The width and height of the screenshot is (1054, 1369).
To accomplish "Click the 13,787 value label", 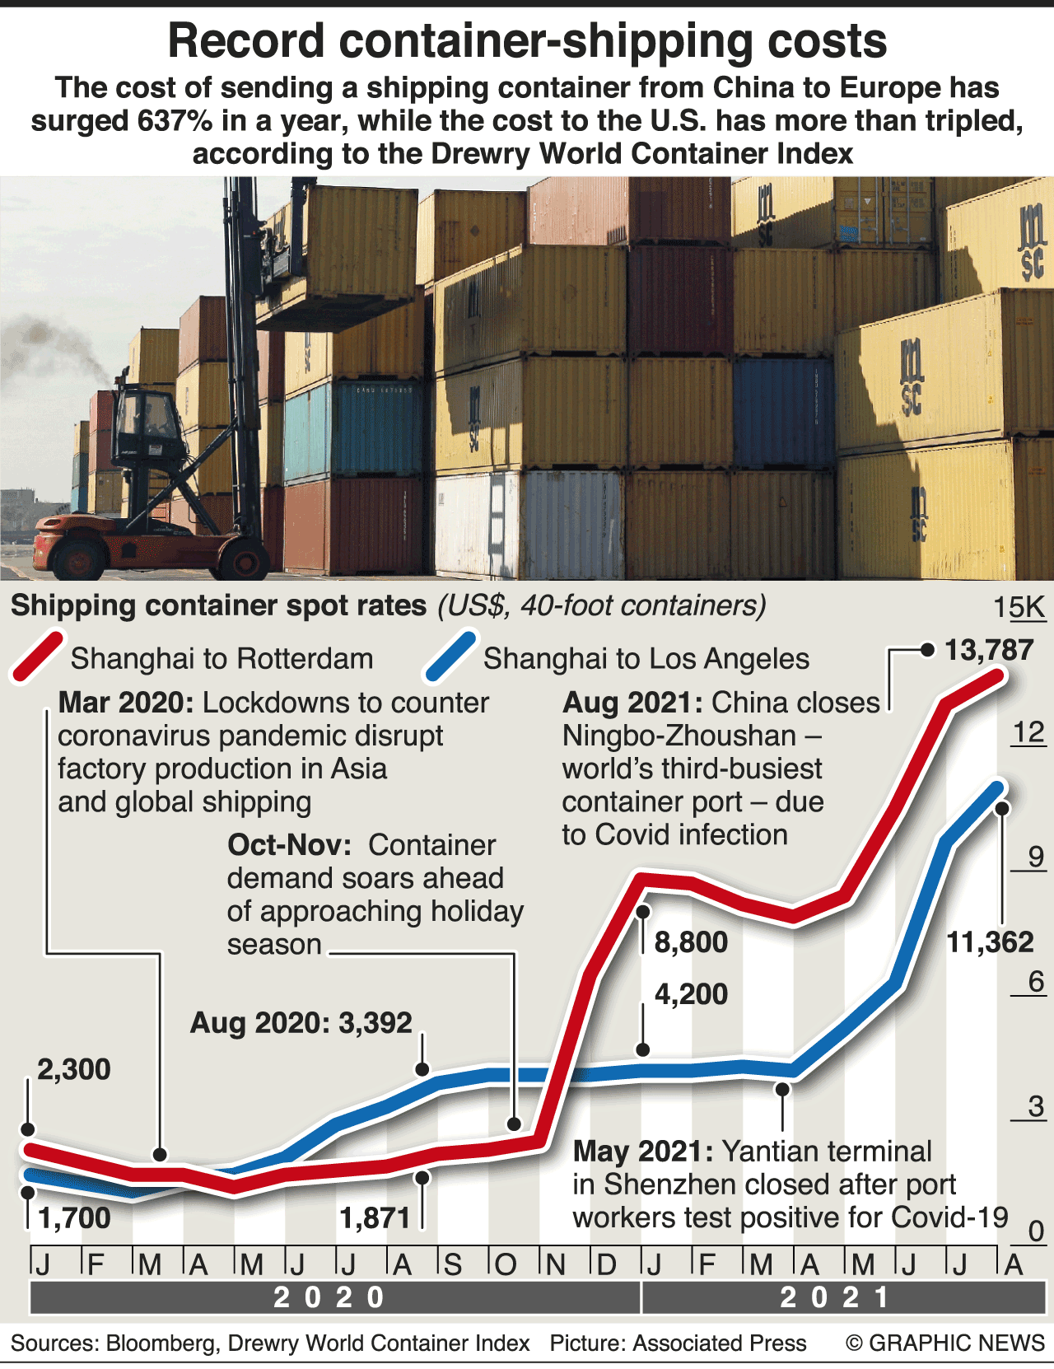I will (x=989, y=650).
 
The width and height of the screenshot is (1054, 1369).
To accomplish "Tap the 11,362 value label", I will (x=989, y=941).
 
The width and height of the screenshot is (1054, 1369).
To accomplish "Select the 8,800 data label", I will (x=691, y=941).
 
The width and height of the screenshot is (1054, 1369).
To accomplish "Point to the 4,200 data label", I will (x=691, y=994).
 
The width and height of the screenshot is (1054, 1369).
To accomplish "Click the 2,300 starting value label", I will (x=73, y=1069).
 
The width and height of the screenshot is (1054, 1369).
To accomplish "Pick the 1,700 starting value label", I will (x=74, y=1217).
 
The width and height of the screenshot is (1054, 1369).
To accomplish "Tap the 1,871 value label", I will (x=375, y=1217).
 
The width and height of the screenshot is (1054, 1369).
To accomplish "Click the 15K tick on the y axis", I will (x=1019, y=607).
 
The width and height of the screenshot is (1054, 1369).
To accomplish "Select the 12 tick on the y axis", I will (x=1028, y=732).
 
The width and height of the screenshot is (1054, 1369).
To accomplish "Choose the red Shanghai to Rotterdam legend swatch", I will (x=38, y=657).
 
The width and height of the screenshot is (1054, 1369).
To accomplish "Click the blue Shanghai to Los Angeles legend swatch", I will (x=450, y=657).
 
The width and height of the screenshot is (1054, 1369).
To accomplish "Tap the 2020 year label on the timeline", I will (x=329, y=1297).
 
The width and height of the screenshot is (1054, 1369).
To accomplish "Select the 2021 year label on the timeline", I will (x=834, y=1297).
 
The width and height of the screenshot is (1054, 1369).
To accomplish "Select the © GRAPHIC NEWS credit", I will (x=945, y=1343).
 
